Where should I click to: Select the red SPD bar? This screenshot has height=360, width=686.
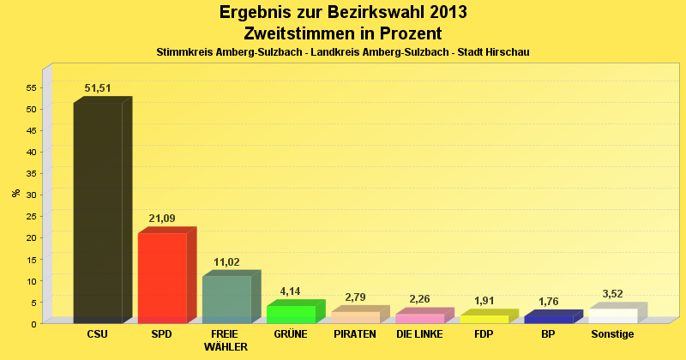tap(162, 278)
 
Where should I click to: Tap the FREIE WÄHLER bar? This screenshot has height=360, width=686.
tap(226, 299)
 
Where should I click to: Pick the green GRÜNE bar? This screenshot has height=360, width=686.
tap(291, 314)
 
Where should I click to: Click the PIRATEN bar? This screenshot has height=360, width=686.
tap(355, 317)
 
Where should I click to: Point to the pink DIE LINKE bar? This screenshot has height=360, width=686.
tap(419, 318)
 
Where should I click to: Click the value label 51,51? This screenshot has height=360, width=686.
tap(98, 88)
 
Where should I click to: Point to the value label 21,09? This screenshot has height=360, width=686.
tap(162, 219)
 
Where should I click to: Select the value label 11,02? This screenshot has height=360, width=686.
tap(226, 261)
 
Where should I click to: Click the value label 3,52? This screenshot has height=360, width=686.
tap(612, 294)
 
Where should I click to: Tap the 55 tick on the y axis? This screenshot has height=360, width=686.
tap(30, 87)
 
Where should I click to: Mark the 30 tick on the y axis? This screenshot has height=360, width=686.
tap(30, 195)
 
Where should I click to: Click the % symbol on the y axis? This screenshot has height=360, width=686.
tap(15, 192)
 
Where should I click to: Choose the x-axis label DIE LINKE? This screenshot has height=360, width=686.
tap(419, 334)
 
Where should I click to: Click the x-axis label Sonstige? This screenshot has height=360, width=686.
tap(612, 334)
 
